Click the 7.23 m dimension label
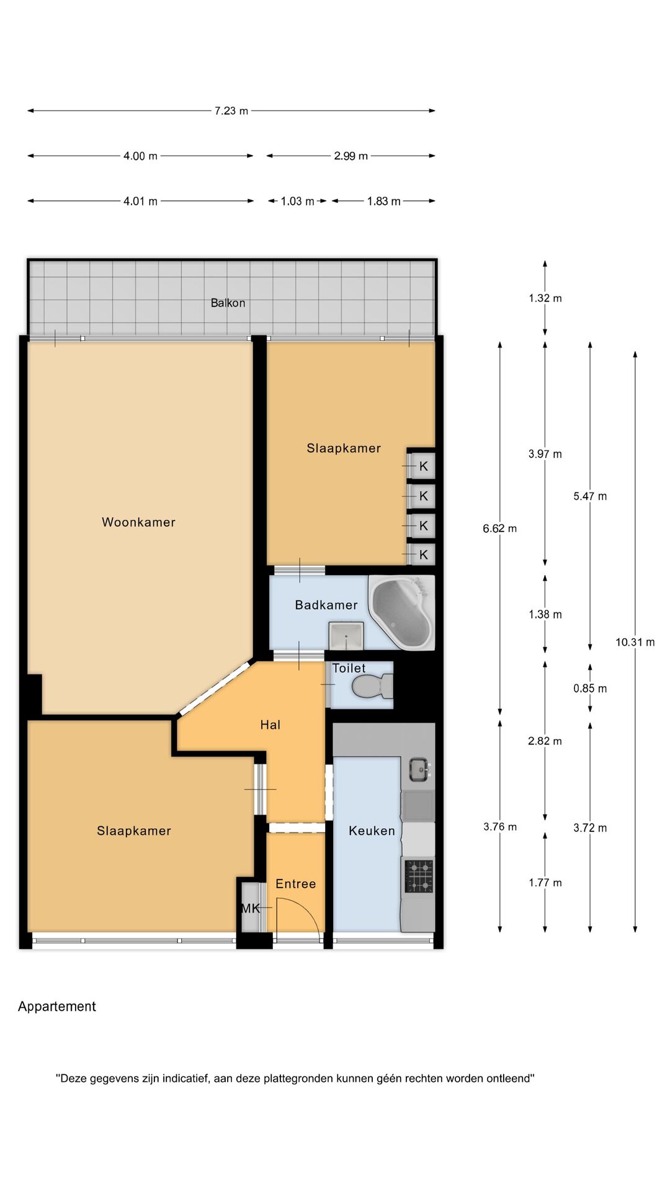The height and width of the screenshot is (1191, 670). coord(231,111)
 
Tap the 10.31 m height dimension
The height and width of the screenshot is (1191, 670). coord(635,642)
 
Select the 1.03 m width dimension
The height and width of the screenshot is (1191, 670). coord(297,201)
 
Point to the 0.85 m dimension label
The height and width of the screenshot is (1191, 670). coord(590,689)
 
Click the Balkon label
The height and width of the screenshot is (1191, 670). coord(228,303)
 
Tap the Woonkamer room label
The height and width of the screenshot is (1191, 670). coord(138,522)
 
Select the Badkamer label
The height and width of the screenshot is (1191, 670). coord(326,605)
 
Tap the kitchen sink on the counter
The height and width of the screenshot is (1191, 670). coord(419,769)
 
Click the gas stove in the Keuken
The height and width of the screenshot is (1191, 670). coord(419,876)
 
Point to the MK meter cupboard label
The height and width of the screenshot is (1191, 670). coord(251,909)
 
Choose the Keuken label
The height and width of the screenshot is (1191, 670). coord(372,831)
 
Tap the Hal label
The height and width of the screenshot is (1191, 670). coord(270,725)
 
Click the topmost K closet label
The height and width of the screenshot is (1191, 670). coord(424,466)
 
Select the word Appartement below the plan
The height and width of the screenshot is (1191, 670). coord(57,1007)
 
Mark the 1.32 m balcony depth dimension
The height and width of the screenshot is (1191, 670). coord(545,298)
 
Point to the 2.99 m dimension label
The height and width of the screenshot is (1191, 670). coord(351,156)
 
